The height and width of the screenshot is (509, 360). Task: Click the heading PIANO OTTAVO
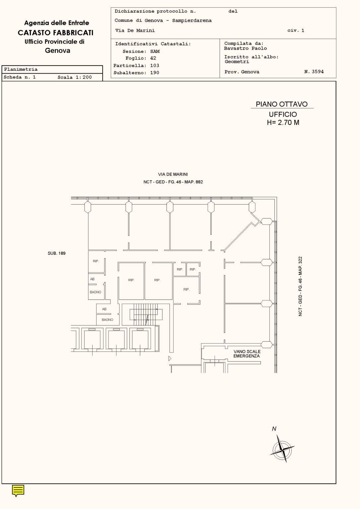281,104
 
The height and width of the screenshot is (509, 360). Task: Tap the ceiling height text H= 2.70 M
283,122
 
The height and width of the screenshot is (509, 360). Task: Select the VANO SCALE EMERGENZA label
247,354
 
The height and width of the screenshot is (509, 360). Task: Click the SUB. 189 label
56,253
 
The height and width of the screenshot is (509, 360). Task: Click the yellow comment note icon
18,490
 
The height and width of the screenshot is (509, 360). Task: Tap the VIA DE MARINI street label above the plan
173,174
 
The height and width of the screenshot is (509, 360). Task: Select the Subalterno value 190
155,73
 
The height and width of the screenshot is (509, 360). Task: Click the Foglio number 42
153,58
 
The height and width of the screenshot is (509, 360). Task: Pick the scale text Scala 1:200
75,77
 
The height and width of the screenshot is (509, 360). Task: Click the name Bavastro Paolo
245,48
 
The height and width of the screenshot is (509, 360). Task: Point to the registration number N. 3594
314,72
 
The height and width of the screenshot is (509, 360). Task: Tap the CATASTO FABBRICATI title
55,33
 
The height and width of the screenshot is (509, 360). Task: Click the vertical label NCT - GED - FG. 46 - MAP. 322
300,286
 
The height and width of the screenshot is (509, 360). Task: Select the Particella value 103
155,66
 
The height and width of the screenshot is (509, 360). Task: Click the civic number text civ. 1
296,31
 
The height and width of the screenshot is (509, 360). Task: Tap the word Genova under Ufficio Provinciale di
57,51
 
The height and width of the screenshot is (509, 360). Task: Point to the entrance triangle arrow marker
170,358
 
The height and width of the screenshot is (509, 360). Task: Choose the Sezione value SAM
155,51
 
